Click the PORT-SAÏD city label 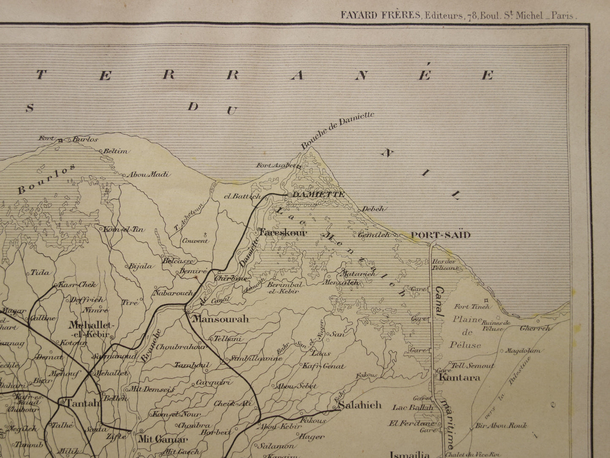pyautogui.click(x=440, y=235)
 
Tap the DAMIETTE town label pyautogui.click(x=318, y=194)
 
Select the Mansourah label pyautogui.click(x=220, y=319)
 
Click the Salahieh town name pyautogui.click(x=360, y=405)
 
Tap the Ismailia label pyautogui.click(x=409, y=454)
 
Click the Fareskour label pyautogui.click(x=282, y=232)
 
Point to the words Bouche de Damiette pyautogui.click(x=338, y=130)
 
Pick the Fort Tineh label pyautogui.click(x=472, y=306)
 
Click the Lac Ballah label pyautogui.click(x=412, y=408)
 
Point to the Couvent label pyautogui.click(x=195, y=241)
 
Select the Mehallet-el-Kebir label pyautogui.click(x=89, y=330)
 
